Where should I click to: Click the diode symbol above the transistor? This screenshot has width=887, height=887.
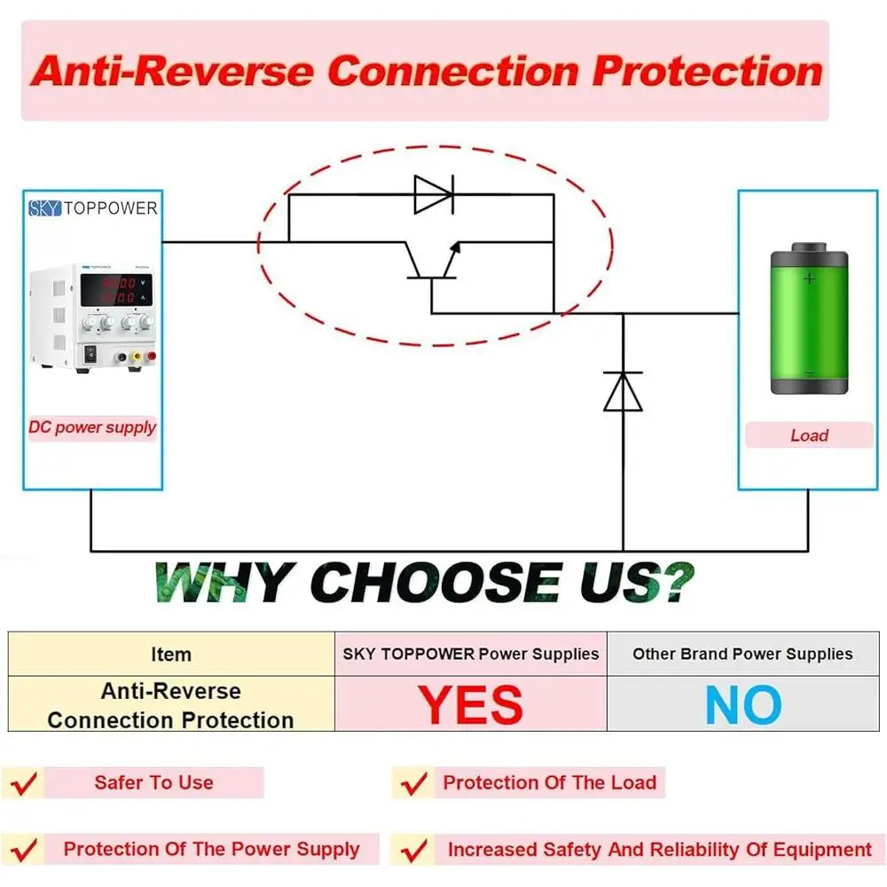[434, 193]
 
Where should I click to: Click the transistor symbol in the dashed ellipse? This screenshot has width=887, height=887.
[433, 262]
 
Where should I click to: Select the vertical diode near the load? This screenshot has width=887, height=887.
[623, 390]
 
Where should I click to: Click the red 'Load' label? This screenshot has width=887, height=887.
[809, 436]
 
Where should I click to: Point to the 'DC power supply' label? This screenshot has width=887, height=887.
[92, 428]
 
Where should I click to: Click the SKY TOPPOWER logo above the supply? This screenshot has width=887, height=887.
[92, 208]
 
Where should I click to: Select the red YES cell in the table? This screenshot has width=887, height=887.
[471, 705]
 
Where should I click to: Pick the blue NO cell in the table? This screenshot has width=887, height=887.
[743, 705]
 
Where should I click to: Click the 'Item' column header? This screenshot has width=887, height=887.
[170, 655]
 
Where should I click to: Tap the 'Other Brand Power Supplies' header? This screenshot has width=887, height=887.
[742, 655]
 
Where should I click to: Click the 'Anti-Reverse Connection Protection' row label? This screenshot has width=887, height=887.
[170, 705]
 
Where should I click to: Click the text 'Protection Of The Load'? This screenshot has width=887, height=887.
[549, 783]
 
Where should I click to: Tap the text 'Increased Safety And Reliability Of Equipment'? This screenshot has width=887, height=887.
[659, 850]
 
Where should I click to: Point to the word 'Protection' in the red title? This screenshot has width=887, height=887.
[708, 71]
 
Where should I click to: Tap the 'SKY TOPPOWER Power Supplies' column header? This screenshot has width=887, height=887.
[471, 655]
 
